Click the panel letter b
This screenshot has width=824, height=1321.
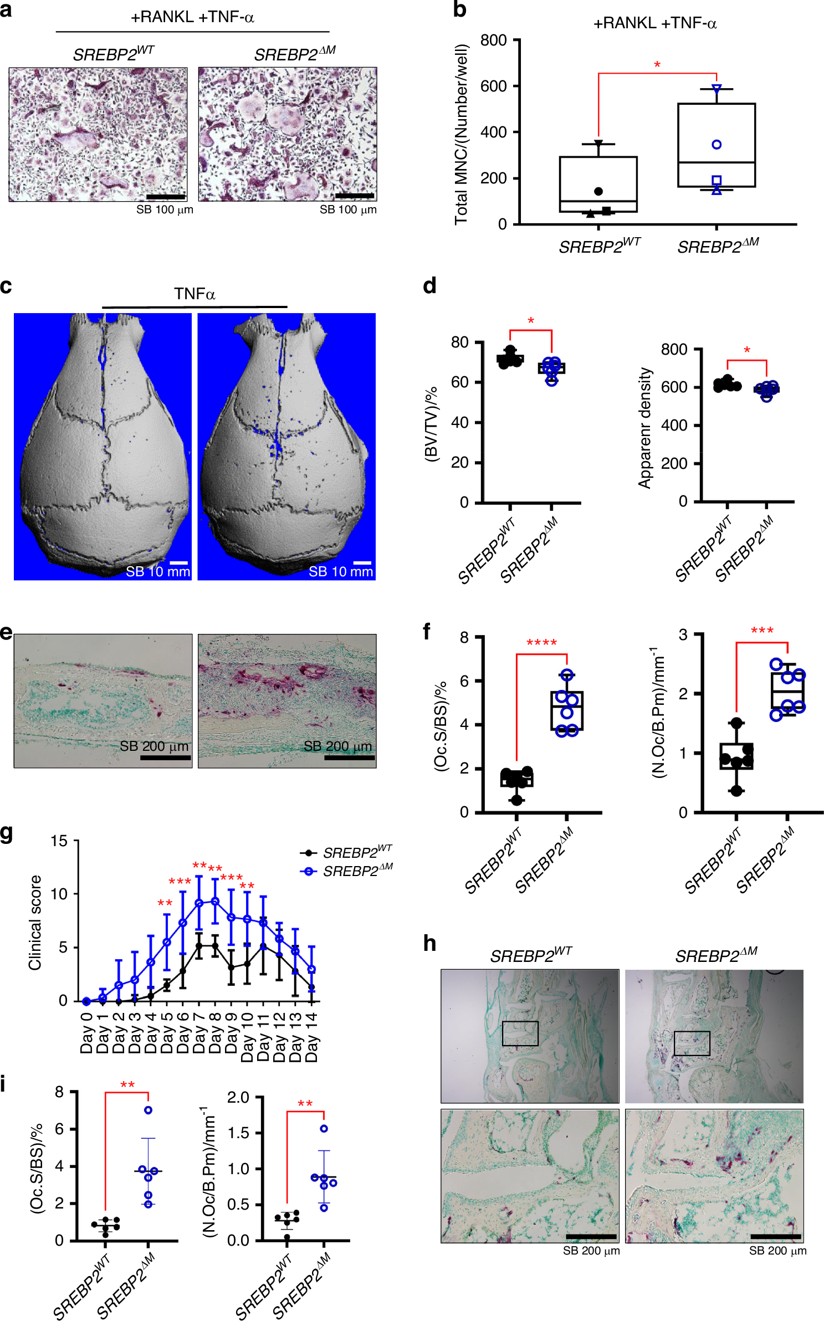pos(459,10)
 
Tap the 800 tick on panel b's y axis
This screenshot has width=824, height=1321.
pos(493,40)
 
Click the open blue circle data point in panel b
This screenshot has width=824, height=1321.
pos(716,145)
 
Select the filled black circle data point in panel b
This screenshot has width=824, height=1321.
pos(598,191)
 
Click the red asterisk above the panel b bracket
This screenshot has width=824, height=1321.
pos(657,65)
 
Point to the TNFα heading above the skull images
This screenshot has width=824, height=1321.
pos(195,294)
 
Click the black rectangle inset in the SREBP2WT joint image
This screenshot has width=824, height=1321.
pos(520,1033)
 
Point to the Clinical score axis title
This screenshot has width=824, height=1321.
pos(35,923)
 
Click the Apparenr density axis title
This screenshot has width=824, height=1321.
pos(644,428)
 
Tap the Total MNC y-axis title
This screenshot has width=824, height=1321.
pos(461,135)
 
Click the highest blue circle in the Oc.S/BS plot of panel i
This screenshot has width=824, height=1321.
pos(148,1110)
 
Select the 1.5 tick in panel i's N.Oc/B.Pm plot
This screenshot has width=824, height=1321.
pos(239,1133)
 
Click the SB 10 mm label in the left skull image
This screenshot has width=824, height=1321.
pos(157,571)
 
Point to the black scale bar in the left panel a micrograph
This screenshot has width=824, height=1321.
pos(165,197)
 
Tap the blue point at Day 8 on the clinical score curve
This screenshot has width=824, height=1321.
pos(215,902)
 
